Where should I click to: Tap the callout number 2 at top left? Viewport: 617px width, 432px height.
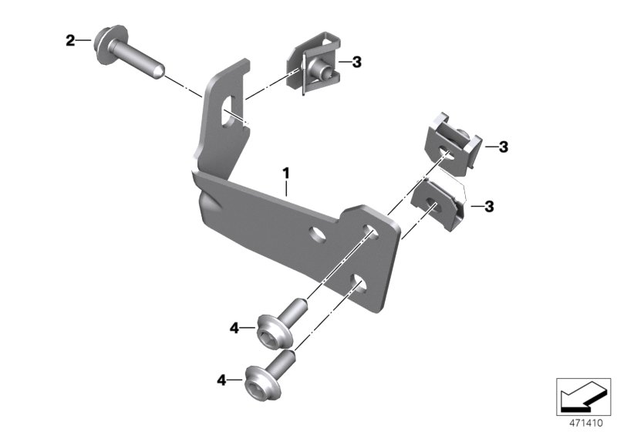click(70, 40)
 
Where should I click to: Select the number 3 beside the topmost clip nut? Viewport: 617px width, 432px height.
click(356, 62)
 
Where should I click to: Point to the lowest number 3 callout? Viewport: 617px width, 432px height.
click(489, 206)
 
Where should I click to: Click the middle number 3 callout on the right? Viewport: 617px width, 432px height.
click(502, 147)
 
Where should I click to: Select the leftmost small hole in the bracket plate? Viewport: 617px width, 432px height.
click(315, 232)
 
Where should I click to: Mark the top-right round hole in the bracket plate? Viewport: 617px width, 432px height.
click(371, 234)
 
